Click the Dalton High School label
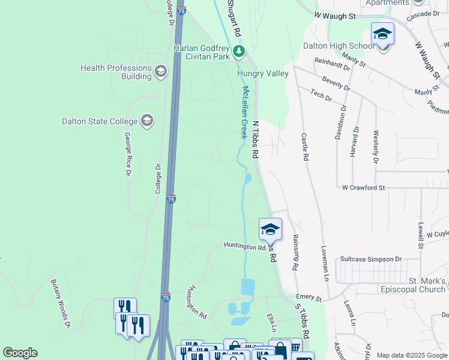tap(339, 46)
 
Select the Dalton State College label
tap(100, 121)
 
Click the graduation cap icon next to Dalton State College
tap(146, 121)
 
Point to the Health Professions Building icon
tap(160, 72)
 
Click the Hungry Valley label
tap(262, 74)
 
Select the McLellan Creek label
tap(244, 112)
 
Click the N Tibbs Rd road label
tap(255, 139)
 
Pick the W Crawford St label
tap(363, 188)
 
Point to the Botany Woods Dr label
tap(61, 304)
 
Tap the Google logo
tap(20, 353)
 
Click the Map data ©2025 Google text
tap(412, 355)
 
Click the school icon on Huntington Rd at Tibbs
tap(270, 229)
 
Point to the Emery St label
tap(309, 298)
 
